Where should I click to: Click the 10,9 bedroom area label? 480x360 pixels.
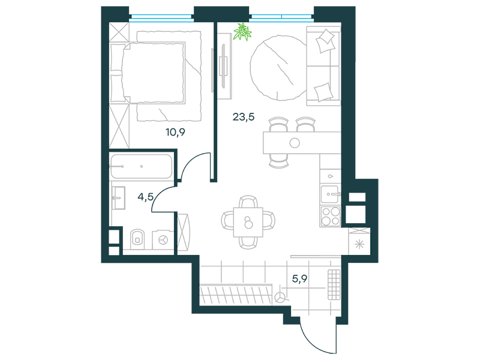175,132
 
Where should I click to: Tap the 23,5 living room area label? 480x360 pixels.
244,117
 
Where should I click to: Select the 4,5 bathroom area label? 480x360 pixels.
145,196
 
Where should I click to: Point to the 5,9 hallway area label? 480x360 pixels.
299,278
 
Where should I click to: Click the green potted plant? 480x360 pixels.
242,31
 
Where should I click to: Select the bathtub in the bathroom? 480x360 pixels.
141,167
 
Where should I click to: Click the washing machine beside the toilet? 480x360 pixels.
163,239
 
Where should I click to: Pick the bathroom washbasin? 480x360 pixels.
118,198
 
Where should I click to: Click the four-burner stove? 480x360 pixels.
331,216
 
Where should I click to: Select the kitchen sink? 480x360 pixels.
330,194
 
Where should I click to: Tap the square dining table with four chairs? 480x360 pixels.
248,222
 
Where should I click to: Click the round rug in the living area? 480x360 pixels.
278,68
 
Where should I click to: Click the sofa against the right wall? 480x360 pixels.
323,66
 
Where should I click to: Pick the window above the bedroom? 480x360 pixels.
161,18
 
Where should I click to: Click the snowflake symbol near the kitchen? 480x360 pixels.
359,245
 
